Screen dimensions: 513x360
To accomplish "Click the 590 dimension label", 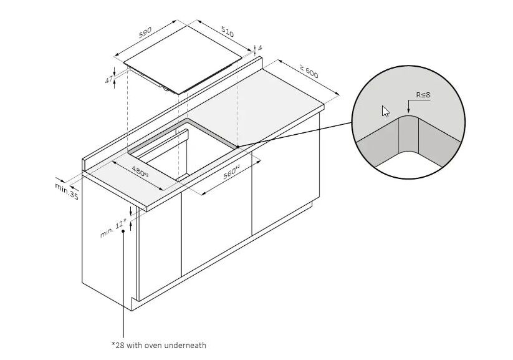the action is coord(145,32).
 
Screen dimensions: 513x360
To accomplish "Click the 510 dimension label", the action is coord(228,32).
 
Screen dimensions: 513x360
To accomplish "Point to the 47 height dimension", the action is coord(109,79).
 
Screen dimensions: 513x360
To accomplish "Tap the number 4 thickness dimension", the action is coord(260,48).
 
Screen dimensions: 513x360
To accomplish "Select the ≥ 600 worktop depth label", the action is coord(309,72).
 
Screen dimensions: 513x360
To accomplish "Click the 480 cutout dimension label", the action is coord(140,172).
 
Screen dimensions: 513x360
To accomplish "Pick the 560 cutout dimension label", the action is coord(232,172).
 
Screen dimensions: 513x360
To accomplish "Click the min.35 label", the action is coord(67,191).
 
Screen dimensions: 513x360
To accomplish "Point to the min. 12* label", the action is coord(113,228).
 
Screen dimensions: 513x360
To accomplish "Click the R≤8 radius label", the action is coord(423,95).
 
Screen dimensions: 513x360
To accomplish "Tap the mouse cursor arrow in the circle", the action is coord(386,112).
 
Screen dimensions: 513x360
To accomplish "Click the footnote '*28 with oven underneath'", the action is coord(159,345).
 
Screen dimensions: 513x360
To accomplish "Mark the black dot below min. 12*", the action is coord(123,231).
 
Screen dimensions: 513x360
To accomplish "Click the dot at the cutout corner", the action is coord(238,147).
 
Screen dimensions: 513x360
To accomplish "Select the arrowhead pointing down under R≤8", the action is coord(408,112).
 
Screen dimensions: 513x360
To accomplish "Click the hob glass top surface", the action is coord(183,59).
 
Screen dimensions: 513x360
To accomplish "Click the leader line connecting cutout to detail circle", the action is coord(295,135).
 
